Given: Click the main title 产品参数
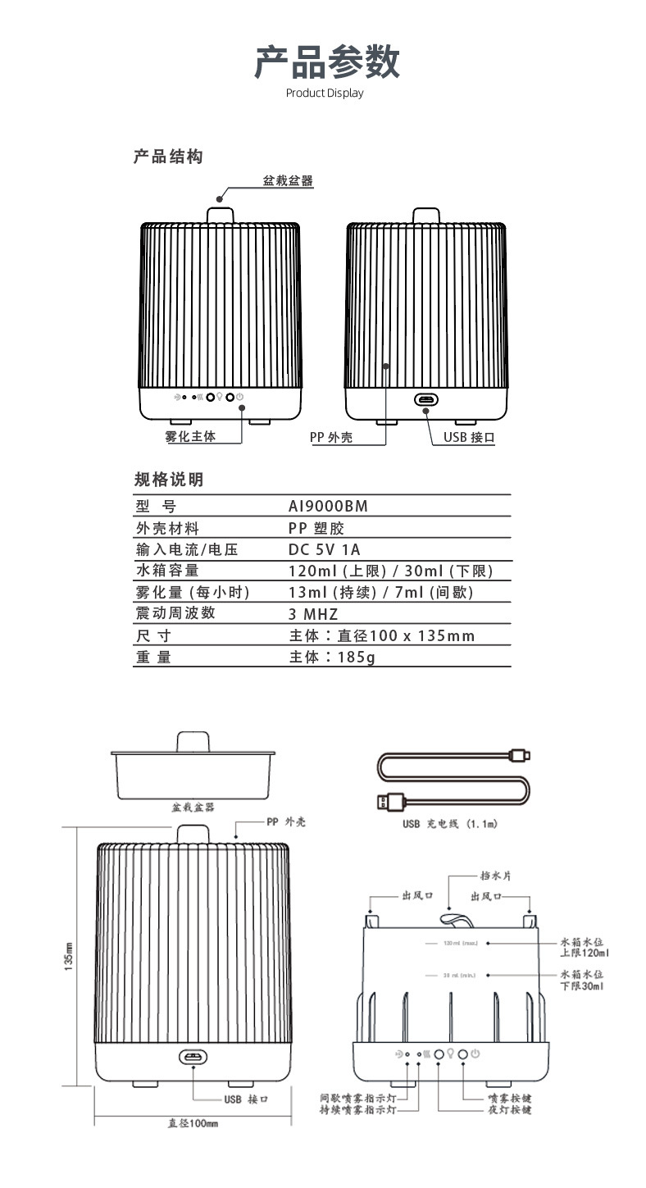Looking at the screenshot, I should [x=326, y=62].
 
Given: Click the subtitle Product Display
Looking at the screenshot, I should [x=324, y=93].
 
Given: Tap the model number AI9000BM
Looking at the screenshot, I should [x=328, y=507].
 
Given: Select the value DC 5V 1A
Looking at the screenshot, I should [x=325, y=549].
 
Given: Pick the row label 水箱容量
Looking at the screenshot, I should [x=167, y=571].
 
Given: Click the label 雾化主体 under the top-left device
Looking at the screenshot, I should [x=190, y=437].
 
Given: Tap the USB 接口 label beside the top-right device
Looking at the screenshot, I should [x=469, y=438].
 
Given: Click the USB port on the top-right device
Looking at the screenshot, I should [x=425, y=400].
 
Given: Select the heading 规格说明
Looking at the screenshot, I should [x=168, y=480].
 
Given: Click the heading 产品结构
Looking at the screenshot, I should [x=168, y=157].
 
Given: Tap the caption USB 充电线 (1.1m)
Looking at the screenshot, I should [x=449, y=824].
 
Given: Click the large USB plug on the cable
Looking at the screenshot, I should [x=390, y=801].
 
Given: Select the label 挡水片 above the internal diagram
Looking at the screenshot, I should [x=495, y=876].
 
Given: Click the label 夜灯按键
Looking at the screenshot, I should [x=509, y=1109].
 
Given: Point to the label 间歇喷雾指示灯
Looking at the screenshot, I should [x=357, y=1097].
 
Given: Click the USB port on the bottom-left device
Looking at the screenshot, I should [x=193, y=1057].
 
